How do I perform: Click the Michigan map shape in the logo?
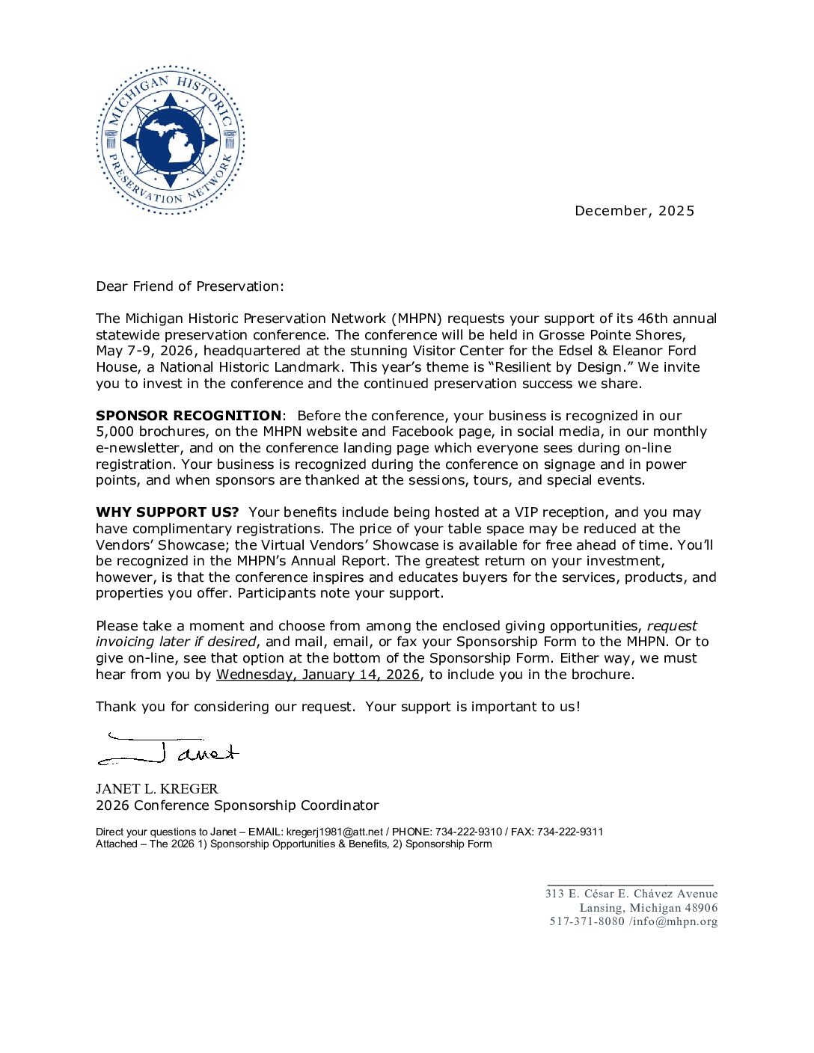click(x=171, y=138)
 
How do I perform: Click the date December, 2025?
click(x=634, y=211)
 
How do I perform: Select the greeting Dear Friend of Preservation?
click(x=190, y=286)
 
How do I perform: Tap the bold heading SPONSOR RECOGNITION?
click(x=189, y=416)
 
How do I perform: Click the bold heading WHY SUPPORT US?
click(x=167, y=512)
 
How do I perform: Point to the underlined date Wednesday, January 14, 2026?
click(x=318, y=675)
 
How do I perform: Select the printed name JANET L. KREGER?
click(x=157, y=789)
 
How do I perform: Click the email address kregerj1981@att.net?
click(x=334, y=832)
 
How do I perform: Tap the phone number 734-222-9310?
click(x=468, y=832)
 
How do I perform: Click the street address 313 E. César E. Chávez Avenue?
click(x=631, y=894)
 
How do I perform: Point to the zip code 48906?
click(x=701, y=908)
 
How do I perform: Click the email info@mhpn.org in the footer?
click(x=676, y=921)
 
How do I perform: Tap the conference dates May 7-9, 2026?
click(x=146, y=351)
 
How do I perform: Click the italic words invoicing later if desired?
click(x=176, y=642)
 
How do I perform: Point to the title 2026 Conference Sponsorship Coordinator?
click(x=237, y=805)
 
